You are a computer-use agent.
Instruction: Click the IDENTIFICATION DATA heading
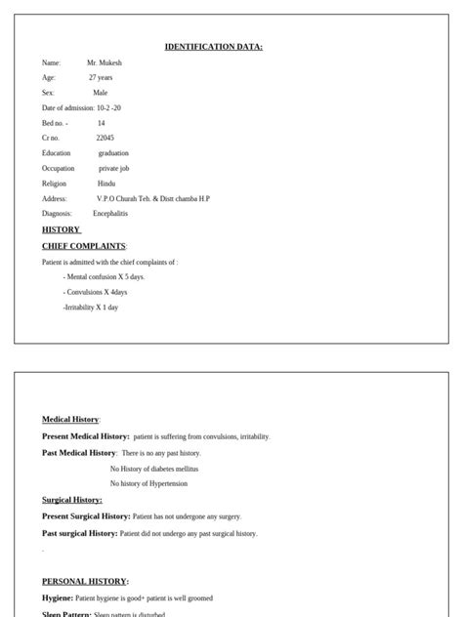point(213,47)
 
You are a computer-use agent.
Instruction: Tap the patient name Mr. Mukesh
point(105,62)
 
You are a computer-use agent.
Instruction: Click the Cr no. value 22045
point(105,138)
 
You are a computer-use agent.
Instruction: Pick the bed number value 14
point(101,123)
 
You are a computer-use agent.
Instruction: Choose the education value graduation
point(113,153)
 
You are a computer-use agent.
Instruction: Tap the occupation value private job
point(115,168)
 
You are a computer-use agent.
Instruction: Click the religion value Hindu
point(106,184)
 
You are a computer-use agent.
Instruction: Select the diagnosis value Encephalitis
point(110,213)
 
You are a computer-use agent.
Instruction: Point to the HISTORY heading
point(61,229)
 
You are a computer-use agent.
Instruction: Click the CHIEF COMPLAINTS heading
point(84,246)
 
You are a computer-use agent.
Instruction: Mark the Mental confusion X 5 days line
point(104,277)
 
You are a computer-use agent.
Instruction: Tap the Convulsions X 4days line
point(96,292)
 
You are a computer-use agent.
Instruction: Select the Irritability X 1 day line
point(91,307)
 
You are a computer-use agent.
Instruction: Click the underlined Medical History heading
point(70,419)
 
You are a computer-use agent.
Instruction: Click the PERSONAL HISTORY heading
point(85,581)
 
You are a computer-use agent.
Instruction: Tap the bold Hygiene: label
point(58,597)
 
